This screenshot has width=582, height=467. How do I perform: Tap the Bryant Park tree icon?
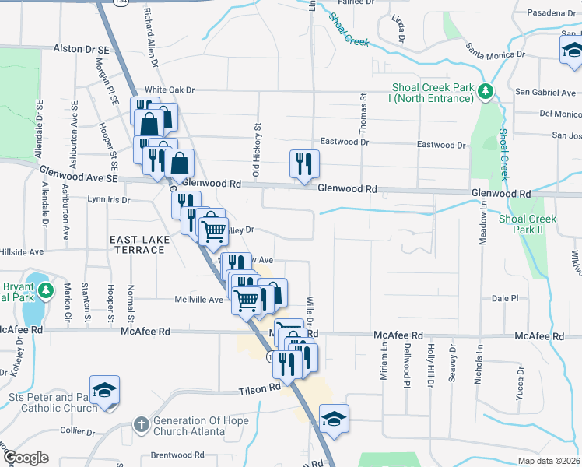[47, 291]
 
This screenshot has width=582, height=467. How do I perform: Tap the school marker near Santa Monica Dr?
[572, 51]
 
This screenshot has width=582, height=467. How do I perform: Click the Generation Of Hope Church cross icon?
[141, 425]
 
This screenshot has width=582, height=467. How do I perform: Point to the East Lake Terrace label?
[138, 244]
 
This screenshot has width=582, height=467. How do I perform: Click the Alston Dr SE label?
[79, 48]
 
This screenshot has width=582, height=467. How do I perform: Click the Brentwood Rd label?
[177, 455]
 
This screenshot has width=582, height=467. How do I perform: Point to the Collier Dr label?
[77, 430]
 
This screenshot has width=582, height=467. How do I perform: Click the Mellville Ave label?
[199, 299]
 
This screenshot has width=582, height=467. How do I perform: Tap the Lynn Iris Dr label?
[108, 199]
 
